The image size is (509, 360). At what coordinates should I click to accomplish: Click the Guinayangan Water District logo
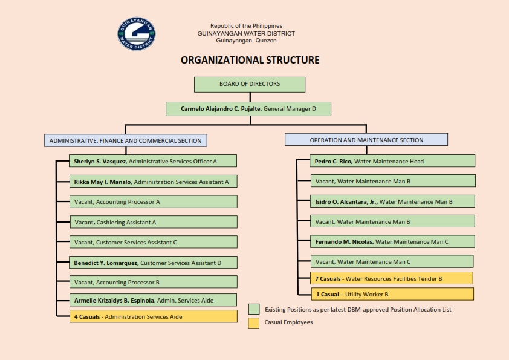pyautogui.click(x=137, y=34)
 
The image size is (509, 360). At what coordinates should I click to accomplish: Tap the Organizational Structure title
pyautogui.click(x=250, y=60)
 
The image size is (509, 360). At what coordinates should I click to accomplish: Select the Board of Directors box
pyautogui.click(x=250, y=85)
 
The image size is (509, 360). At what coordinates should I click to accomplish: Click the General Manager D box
pyautogui.click(x=248, y=109)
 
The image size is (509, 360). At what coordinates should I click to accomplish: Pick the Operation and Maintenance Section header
pyautogui.click(x=366, y=140)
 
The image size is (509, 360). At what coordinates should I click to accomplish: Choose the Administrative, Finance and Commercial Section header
pyautogui.click(x=125, y=140)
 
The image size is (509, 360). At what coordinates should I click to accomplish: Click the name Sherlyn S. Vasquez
pyautogui.click(x=100, y=161)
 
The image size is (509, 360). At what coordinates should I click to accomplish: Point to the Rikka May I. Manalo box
pyautogui.click(x=153, y=182)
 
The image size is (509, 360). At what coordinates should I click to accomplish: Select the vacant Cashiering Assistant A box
pyautogui.click(x=154, y=222)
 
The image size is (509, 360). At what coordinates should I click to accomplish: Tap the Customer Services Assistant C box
pyautogui.click(x=153, y=242)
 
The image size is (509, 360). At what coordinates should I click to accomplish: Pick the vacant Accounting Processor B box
pyautogui.click(x=153, y=282)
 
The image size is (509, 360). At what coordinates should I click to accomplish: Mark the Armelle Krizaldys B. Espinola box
pyautogui.click(x=153, y=300)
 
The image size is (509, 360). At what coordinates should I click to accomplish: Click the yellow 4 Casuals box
pyautogui.click(x=153, y=316)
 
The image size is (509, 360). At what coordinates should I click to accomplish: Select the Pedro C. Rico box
pyautogui.click(x=392, y=161)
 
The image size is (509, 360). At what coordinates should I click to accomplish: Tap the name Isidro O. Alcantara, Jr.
pyautogui.click(x=346, y=201)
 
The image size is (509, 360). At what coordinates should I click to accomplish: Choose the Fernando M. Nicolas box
pyautogui.click(x=392, y=241)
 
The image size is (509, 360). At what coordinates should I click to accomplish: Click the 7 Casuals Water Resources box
pyautogui.click(x=392, y=278)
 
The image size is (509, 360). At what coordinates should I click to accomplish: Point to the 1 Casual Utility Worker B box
pyautogui.click(x=392, y=294)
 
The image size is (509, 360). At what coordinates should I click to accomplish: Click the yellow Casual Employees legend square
pyautogui.click(x=253, y=323)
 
